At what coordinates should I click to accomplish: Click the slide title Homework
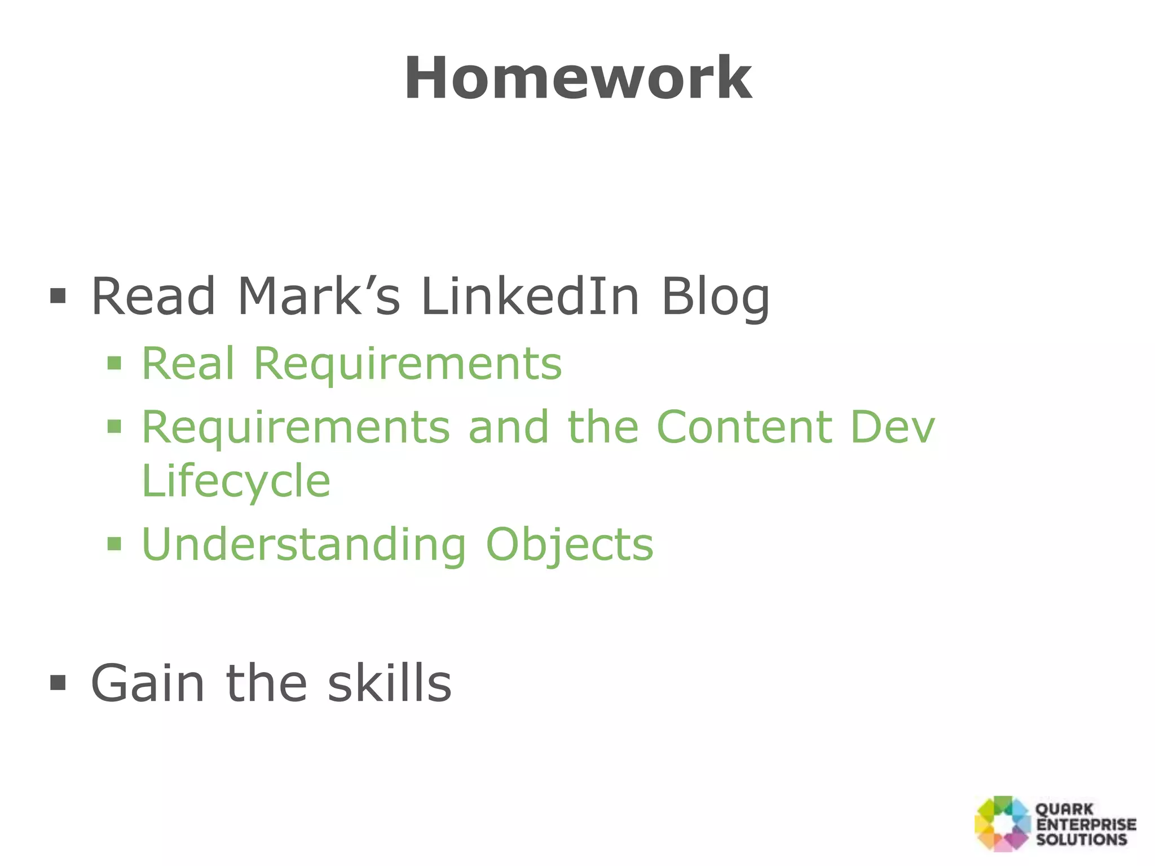tap(578, 78)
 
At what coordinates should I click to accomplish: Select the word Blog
tap(715, 297)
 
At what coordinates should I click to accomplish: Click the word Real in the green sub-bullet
tap(188, 364)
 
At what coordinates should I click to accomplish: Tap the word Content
tap(744, 427)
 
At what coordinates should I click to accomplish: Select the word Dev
tap(892, 427)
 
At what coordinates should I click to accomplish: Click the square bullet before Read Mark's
tap(58, 295)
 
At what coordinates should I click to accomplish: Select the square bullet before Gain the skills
tap(58, 683)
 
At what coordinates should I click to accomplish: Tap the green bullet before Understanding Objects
tap(114, 544)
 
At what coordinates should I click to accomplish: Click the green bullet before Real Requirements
tap(114, 363)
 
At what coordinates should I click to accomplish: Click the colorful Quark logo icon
tap(1003, 824)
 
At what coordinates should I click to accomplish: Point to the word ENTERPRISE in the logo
tap(1086, 824)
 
